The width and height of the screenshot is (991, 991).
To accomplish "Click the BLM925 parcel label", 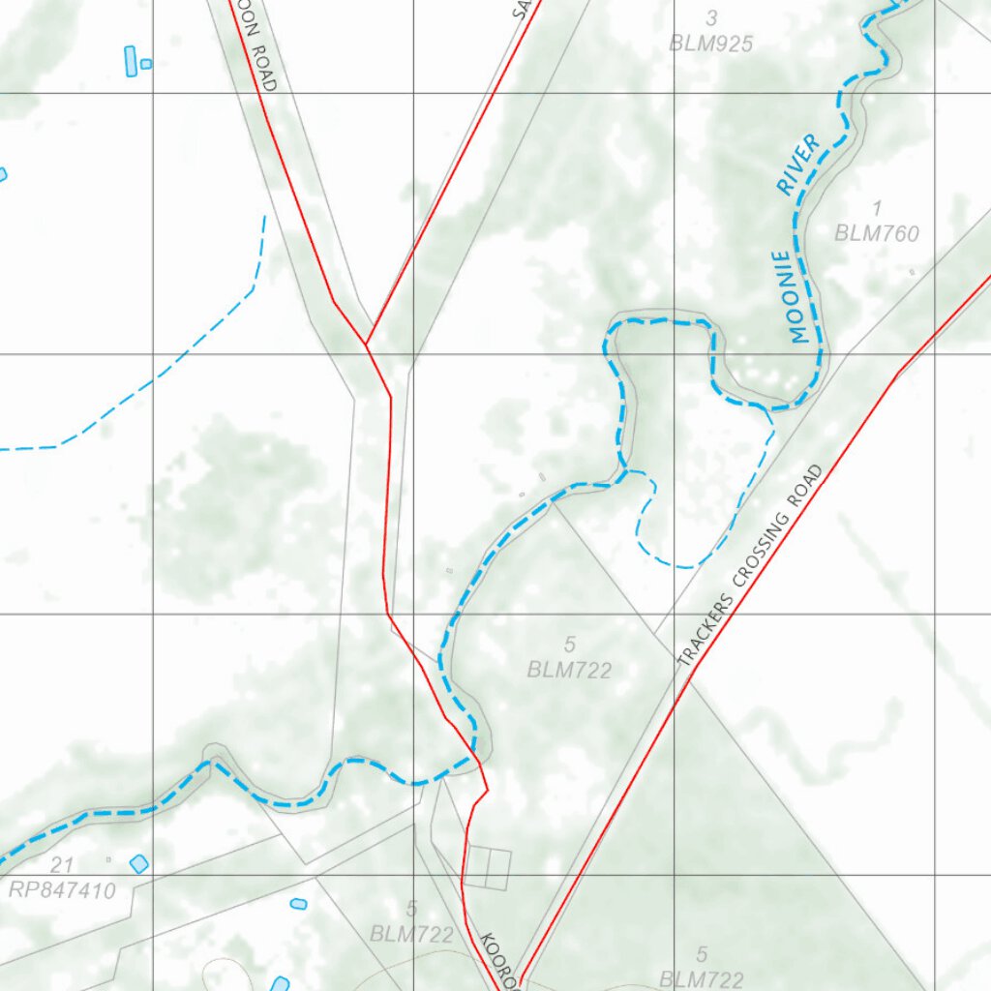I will (711, 43).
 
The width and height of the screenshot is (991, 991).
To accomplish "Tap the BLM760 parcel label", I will (877, 233).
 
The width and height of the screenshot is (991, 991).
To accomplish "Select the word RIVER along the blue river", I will (798, 165).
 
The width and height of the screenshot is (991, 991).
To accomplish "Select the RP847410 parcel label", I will (62, 890).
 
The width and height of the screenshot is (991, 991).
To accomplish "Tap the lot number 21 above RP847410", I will (67, 865).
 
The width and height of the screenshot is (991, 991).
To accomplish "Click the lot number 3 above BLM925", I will (712, 17).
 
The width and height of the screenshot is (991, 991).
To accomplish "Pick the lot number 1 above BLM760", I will (877, 208).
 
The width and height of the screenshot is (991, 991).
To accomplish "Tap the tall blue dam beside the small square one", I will (131, 61).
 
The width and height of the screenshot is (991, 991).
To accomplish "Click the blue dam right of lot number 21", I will (139, 863).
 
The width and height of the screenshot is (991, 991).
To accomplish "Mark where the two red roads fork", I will (366, 344).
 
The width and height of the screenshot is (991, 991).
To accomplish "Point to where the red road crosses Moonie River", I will (475, 758).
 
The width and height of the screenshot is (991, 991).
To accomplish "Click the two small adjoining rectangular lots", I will (488, 868).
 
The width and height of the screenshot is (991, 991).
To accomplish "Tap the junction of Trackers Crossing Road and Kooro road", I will (518, 979).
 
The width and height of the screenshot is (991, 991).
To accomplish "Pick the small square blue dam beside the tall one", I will (146, 64).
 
